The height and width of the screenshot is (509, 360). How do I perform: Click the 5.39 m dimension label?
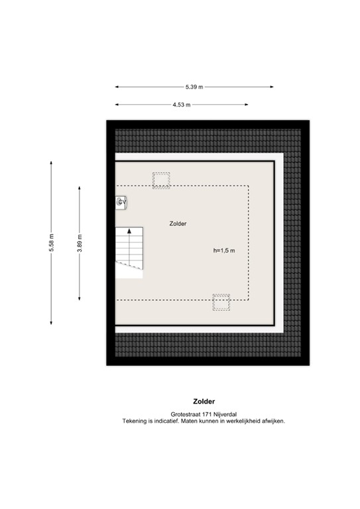click(x=194, y=87)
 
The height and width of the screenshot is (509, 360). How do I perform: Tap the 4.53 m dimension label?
click(x=181, y=105)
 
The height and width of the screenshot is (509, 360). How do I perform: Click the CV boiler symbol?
click(x=121, y=202)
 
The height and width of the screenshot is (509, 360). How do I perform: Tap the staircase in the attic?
click(x=129, y=251)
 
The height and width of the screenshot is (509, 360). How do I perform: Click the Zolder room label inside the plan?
click(x=178, y=224)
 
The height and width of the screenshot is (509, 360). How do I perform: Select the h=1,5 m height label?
click(x=225, y=251)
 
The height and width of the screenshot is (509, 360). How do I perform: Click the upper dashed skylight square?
click(x=161, y=180)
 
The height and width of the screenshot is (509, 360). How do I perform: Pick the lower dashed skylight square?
click(x=221, y=302)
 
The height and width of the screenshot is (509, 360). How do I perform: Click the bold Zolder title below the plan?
click(x=204, y=401)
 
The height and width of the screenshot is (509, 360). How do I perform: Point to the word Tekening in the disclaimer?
click(x=135, y=422)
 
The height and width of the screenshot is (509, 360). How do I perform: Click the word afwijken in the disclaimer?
click(x=272, y=422)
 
